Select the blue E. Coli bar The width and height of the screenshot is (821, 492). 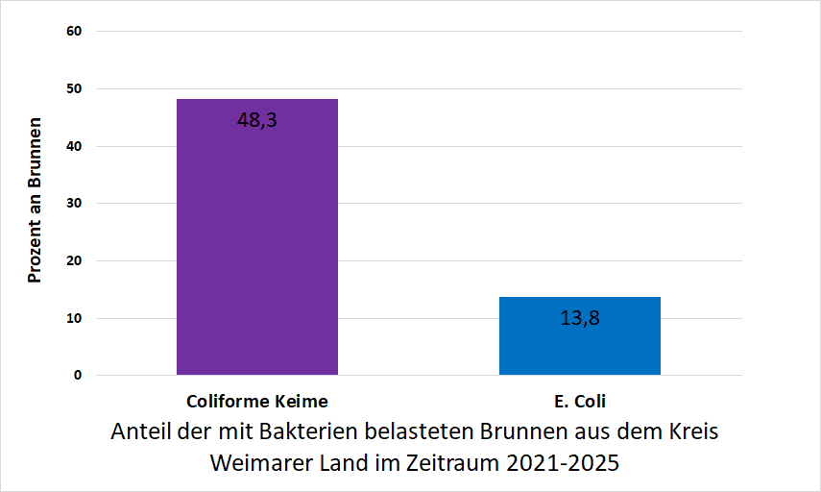[x=579, y=335]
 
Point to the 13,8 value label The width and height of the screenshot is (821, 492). [x=579, y=318]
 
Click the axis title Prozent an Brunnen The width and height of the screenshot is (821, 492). [x=35, y=201]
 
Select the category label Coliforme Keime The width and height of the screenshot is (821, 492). [x=256, y=401]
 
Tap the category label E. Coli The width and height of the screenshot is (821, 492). [x=579, y=401]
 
